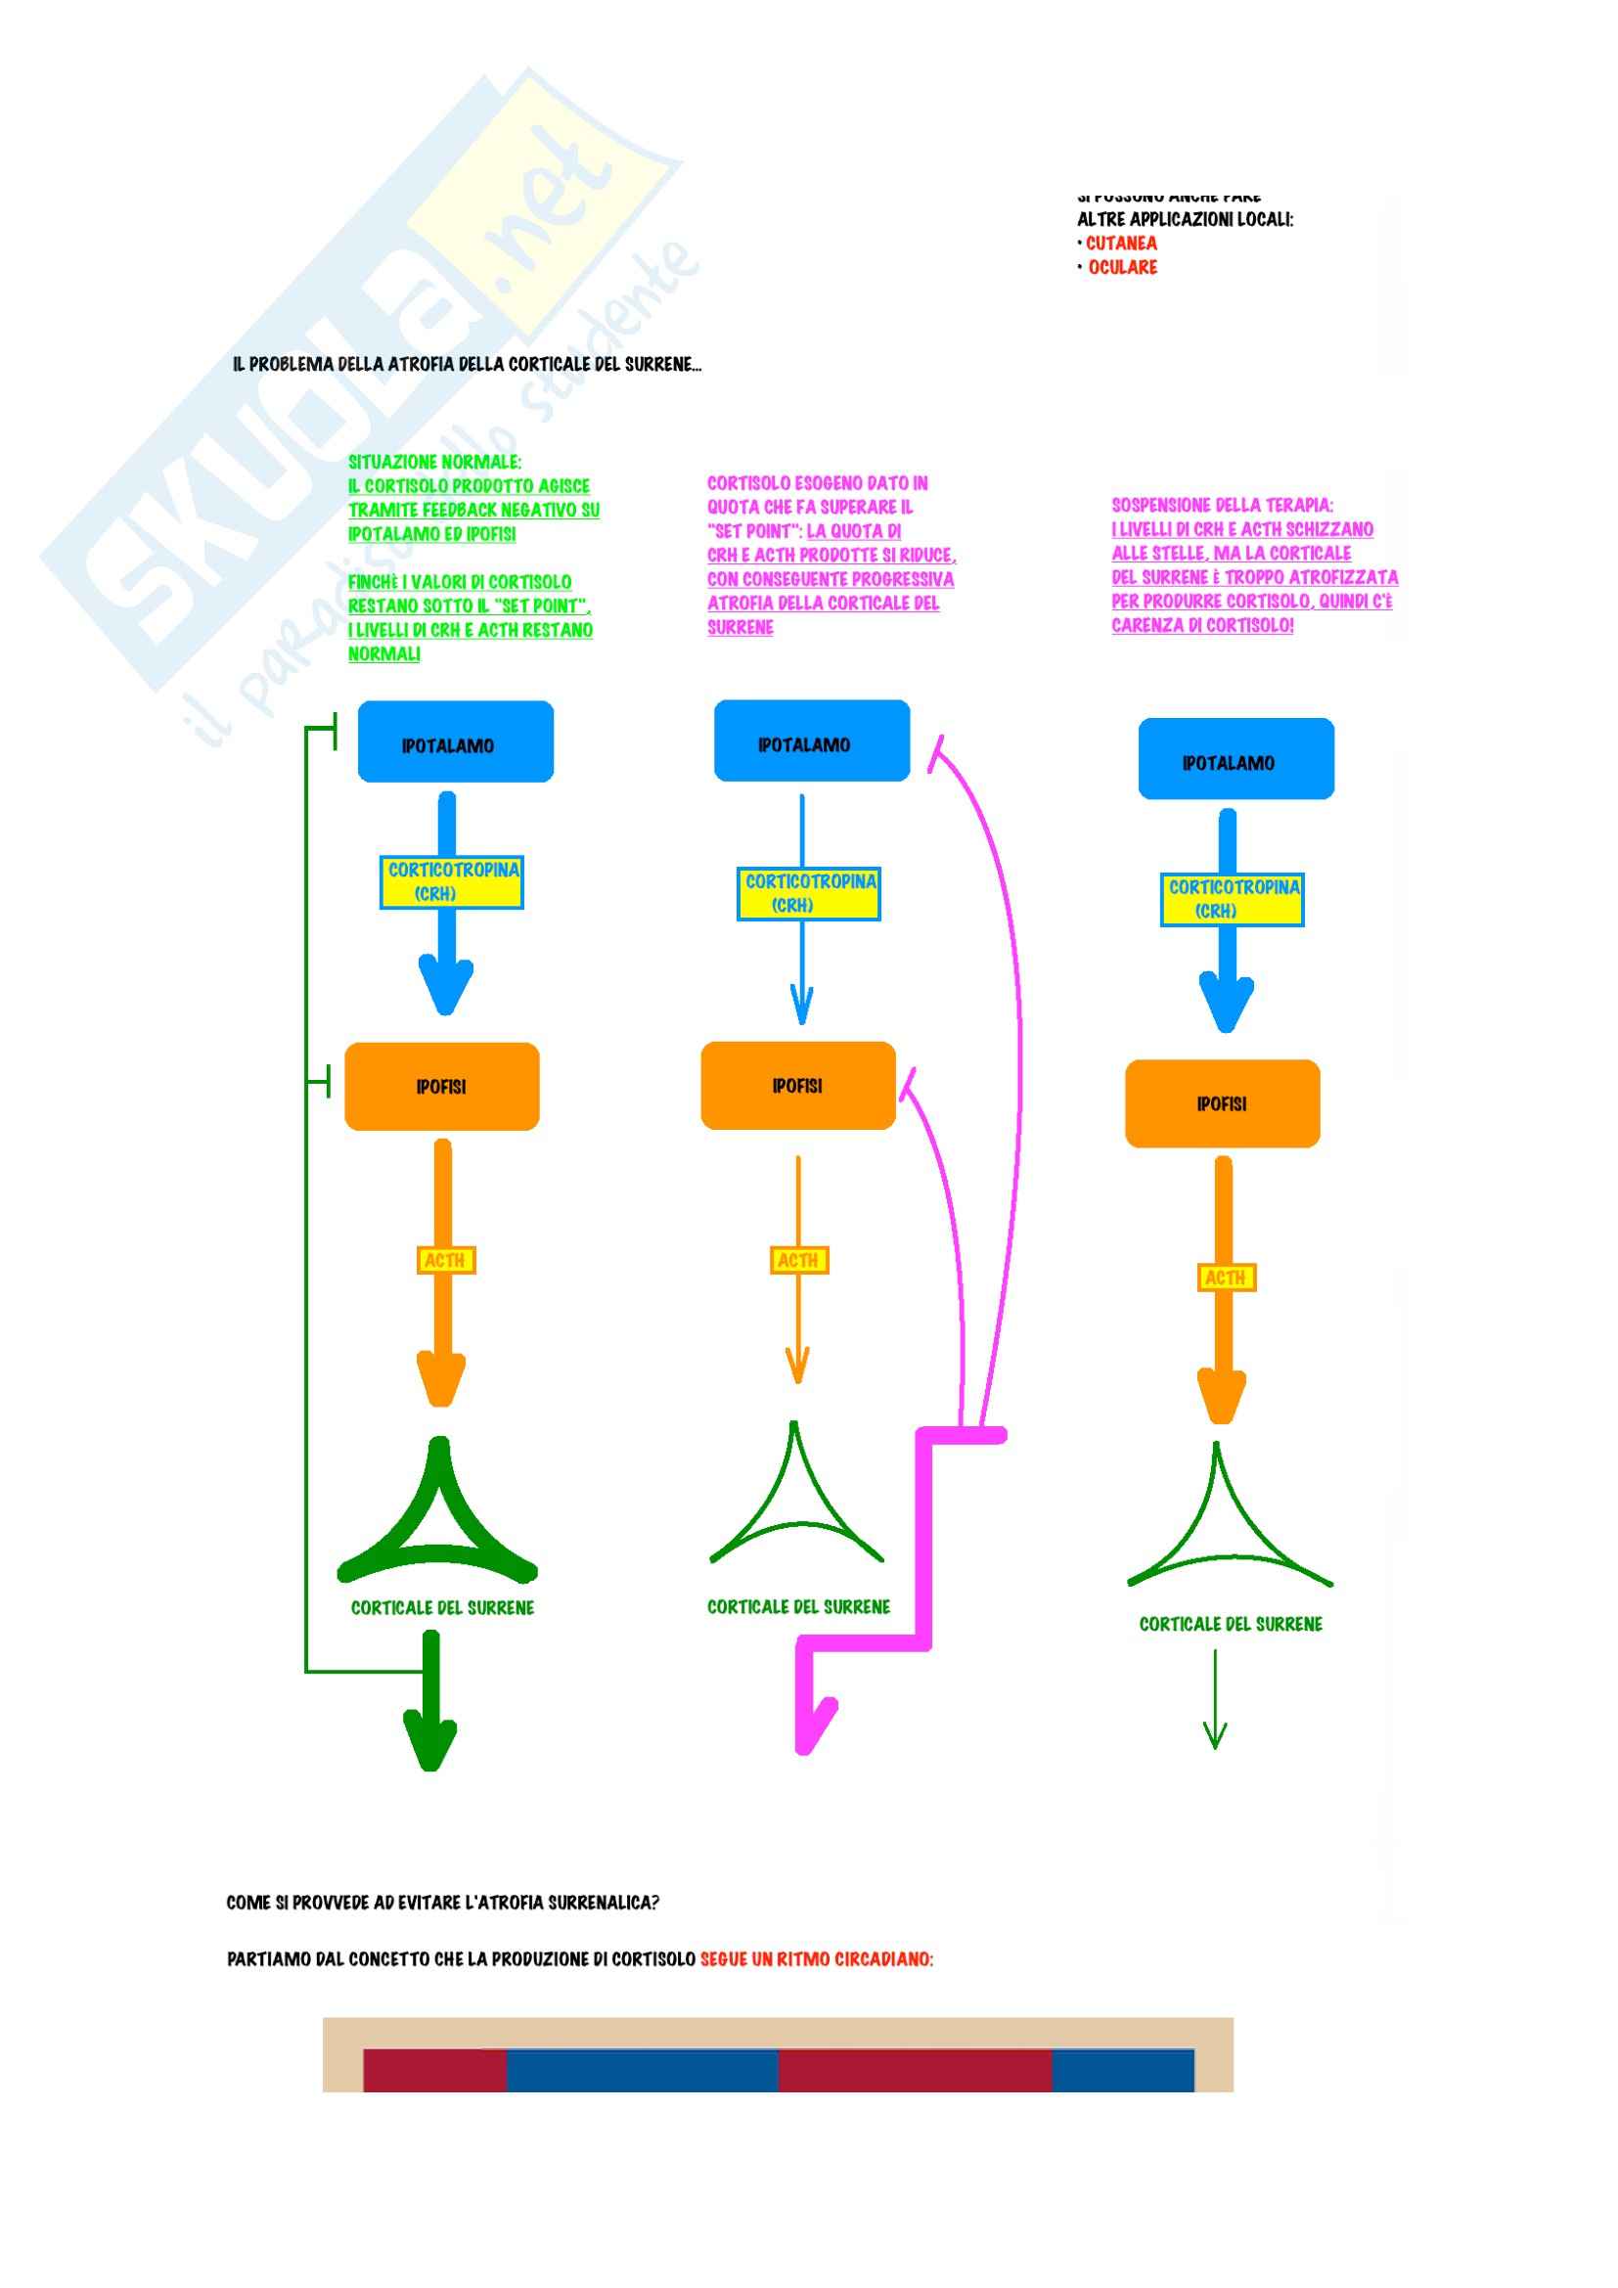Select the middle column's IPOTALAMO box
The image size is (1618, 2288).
pos(811,740)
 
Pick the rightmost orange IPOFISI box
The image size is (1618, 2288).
pos(1222,1103)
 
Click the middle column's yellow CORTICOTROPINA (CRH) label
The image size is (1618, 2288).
pos(809,893)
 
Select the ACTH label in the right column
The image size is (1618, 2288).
pos(1226,1277)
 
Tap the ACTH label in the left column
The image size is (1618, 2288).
pos(445,1260)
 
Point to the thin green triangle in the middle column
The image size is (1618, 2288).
pos(795,1503)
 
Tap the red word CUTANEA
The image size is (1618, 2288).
pos(1121,244)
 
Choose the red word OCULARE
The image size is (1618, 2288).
pos(1122,267)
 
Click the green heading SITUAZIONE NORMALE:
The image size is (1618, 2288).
pos(434,462)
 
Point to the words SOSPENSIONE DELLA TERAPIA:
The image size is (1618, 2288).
pos(1222,505)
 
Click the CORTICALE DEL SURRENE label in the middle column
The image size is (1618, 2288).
pos(798,1606)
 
